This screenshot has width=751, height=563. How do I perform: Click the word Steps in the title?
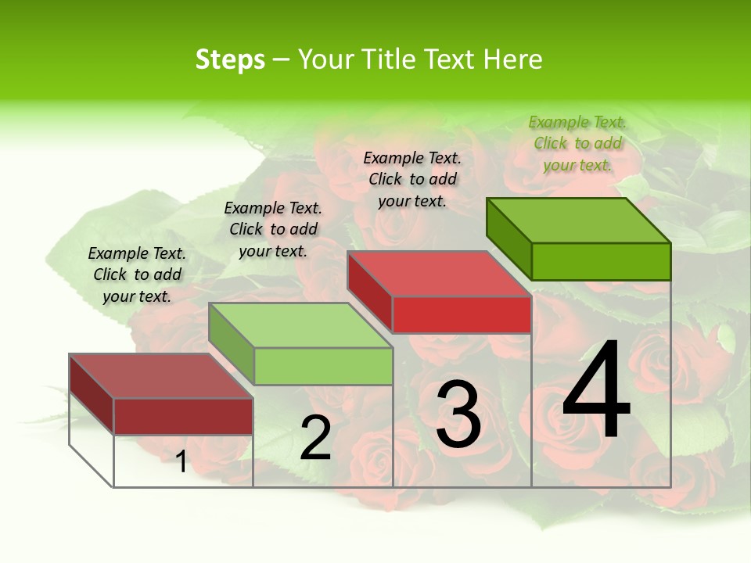(x=230, y=59)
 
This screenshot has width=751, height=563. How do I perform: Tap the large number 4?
(x=597, y=390)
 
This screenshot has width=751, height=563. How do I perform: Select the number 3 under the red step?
(x=458, y=414)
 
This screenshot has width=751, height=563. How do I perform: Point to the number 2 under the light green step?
(x=315, y=438)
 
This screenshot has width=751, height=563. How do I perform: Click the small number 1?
(x=181, y=462)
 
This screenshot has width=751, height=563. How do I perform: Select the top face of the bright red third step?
(x=438, y=274)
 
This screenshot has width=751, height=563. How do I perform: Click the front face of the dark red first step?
(x=183, y=416)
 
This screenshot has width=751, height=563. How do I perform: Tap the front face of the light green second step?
(x=323, y=366)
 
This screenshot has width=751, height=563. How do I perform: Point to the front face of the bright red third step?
(x=462, y=314)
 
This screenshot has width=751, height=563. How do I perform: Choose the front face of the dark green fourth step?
(x=601, y=261)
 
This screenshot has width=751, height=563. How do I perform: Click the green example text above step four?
(x=577, y=143)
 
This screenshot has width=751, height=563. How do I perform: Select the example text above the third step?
(x=412, y=179)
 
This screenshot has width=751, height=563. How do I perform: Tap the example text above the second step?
(x=273, y=229)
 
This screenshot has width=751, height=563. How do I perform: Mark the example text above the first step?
(x=137, y=274)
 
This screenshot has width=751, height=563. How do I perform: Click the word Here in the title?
(x=512, y=59)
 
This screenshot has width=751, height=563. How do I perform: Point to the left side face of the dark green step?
(x=508, y=238)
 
